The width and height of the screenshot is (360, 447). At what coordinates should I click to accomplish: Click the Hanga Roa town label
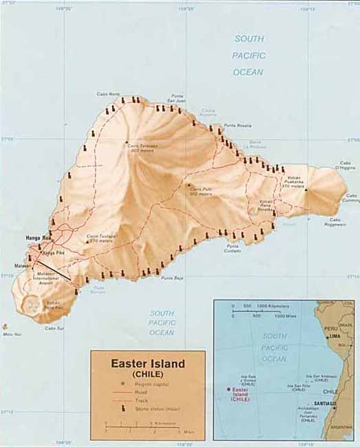click(x=37, y=238)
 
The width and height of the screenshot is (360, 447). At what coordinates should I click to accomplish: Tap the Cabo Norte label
click(x=108, y=95)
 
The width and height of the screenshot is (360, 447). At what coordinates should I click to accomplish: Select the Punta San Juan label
click(x=177, y=98)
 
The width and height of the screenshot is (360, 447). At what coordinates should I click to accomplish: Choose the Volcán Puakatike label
click(x=291, y=180)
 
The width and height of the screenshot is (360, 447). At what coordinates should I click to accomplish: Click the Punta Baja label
click(x=172, y=277)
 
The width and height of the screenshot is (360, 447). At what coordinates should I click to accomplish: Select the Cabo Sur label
click(x=54, y=328)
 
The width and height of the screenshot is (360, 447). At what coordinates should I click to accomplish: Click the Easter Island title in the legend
click(x=148, y=363)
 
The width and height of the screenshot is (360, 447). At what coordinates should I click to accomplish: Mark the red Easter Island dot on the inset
click(x=228, y=389)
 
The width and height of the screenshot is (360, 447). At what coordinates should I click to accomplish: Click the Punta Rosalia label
click(x=238, y=125)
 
